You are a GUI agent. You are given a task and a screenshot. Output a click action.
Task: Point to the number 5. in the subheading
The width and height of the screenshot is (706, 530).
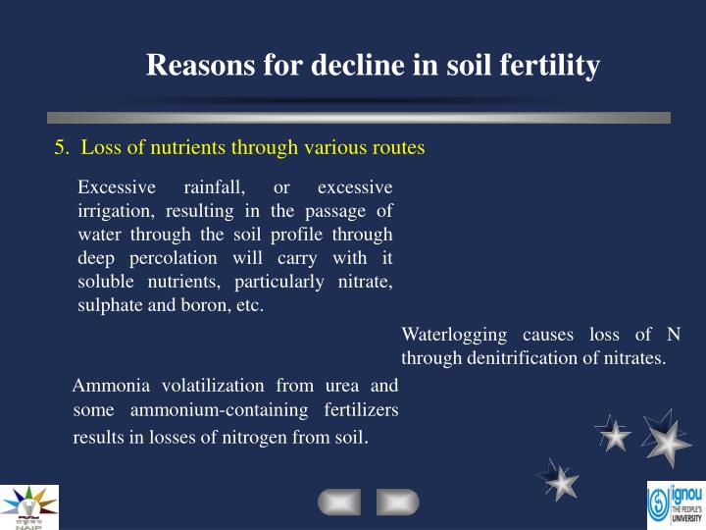click(x=62, y=148)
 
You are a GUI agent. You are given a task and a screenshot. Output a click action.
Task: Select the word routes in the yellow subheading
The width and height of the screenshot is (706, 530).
click(x=397, y=148)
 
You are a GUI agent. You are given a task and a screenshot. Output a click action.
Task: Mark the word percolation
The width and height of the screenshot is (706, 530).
click(x=188, y=258)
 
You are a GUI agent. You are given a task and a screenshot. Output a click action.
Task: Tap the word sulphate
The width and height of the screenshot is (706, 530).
click(x=112, y=305)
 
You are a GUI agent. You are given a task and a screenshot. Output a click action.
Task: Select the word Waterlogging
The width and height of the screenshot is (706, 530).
click(x=454, y=335)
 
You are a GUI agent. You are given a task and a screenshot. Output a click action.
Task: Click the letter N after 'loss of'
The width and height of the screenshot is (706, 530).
click(x=672, y=335)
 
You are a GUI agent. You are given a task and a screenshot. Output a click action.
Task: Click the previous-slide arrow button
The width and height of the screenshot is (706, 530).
click(x=338, y=503)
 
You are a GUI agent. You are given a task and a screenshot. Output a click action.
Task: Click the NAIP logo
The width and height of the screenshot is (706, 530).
click(x=29, y=506)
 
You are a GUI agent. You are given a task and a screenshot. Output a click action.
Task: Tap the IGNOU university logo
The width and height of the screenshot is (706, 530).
click(x=676, y=506)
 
